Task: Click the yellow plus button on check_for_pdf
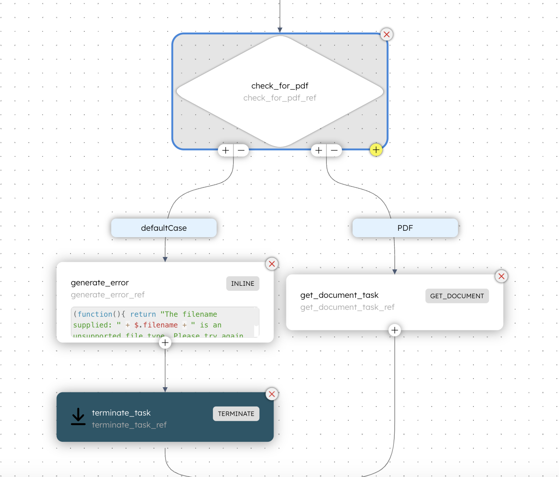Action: [x=376, y=150]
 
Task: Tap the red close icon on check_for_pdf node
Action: [x=387, y=34]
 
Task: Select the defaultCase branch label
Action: [x=164, y=228]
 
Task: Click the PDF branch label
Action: [x=405, y=228]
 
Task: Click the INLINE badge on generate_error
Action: [x=243, y=284]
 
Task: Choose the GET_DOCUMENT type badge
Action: [x=457, y=296]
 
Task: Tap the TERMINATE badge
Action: [x=236, y=414]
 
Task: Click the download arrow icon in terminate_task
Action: [x=78, y=416]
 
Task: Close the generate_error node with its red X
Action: [x=272, y=264]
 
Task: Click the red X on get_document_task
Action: [x=501, y=276]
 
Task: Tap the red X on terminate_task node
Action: [x=272, y=394]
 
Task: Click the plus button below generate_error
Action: [x=165, y=342]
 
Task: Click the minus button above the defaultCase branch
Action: [x=241, y=150]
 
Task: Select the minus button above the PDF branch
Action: [x=334, y=150]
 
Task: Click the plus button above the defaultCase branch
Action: [x=226, y=150]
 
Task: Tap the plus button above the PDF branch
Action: [x=319, y=150]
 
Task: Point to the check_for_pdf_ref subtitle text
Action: [x=279, y=98]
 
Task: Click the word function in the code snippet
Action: [x=95, y=314]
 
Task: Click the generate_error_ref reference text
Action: [x=107, y=295]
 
